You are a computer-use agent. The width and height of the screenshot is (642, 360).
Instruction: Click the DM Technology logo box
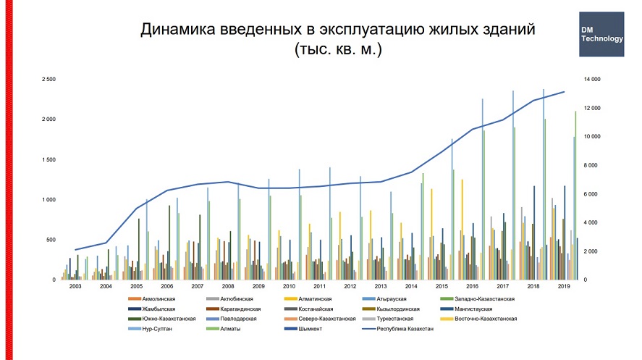click(x=601, y=34)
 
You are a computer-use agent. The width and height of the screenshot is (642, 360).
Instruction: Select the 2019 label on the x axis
click(x=563, y=287)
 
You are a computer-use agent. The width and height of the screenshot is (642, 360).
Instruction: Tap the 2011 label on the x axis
click(x=319, y=287)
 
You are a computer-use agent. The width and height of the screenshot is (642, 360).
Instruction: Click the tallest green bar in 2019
click(x=575, y=196)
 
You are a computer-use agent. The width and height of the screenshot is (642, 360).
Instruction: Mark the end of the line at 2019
click(x=564, y=92)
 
